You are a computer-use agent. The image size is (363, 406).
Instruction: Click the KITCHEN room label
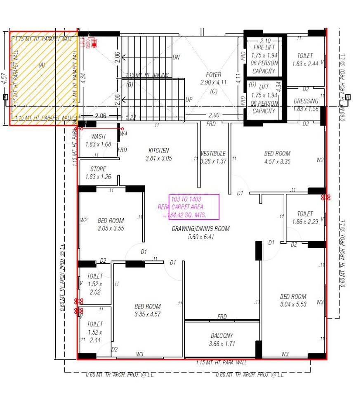click(x=159, y=151)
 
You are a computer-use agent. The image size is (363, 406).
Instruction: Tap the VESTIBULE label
click(x=213, y=153)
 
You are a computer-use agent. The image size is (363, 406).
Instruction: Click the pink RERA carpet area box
click(x=193, y=207)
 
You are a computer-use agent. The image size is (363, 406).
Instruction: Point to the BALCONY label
click(x=222, y=336)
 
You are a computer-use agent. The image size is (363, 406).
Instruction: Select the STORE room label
click(x=98, y=169)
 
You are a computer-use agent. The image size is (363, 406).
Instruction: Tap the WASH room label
click(x=98, y=136)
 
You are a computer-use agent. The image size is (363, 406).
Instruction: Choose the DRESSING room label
click(x=306, y=101)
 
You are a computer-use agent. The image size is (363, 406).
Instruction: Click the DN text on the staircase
click(x=176, y=57)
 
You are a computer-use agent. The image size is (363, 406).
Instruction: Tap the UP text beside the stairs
click(x=189, y=100)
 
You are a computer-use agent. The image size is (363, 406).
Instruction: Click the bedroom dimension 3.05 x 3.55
click(x=111, y=228)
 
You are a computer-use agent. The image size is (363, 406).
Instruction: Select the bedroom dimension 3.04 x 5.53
click(x=293, y=304)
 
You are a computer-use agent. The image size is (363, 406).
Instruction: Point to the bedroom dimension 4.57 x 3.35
click(x=277, y=161)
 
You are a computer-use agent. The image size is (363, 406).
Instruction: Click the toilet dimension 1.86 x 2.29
click(x=305, y=222)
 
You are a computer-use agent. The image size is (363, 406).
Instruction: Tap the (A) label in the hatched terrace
click(x=42, y=65)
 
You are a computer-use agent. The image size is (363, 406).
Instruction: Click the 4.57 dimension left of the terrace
click(x=4, y=78)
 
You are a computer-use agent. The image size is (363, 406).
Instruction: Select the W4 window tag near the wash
click(x=124, y=134)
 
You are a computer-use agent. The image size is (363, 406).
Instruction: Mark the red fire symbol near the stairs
click(x=88, y=42)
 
